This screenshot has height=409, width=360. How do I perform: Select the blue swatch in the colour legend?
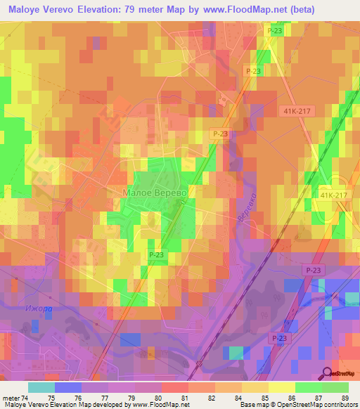67,387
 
